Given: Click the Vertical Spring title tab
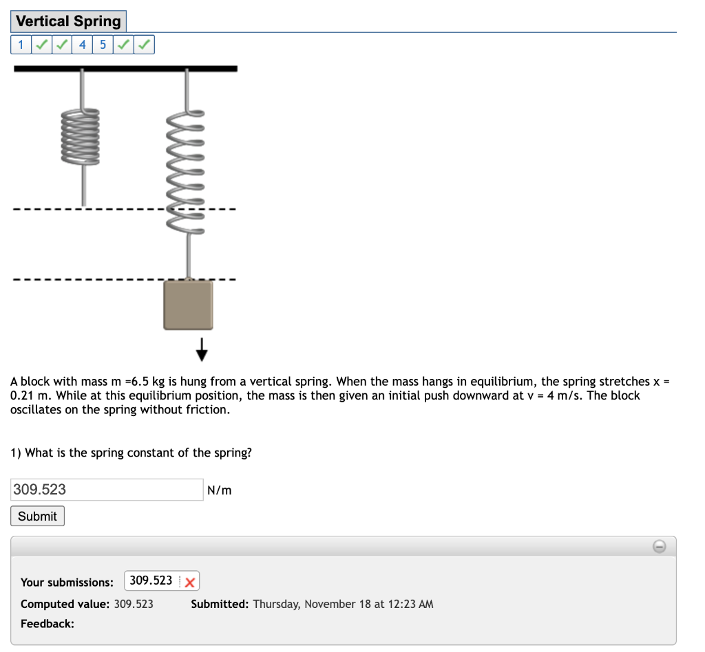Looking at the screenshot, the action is pos(68,21).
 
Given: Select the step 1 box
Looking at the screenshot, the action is pos(21,45).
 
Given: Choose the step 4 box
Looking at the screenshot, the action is pos(83,45).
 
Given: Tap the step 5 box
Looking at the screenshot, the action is pos(103,45).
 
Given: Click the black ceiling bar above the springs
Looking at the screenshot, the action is pos(125,68).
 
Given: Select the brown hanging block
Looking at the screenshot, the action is pos(188,305).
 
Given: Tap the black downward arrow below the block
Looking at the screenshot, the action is pos(202,350).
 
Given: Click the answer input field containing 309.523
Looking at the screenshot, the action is pos(107,490).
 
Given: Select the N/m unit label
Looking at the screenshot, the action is pos(220,490).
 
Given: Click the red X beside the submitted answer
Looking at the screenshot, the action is pos(189,583).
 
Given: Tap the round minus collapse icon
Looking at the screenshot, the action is pos(659,546).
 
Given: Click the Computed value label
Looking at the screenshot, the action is pos(65,604).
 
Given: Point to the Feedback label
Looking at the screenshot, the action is pos(48,624).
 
